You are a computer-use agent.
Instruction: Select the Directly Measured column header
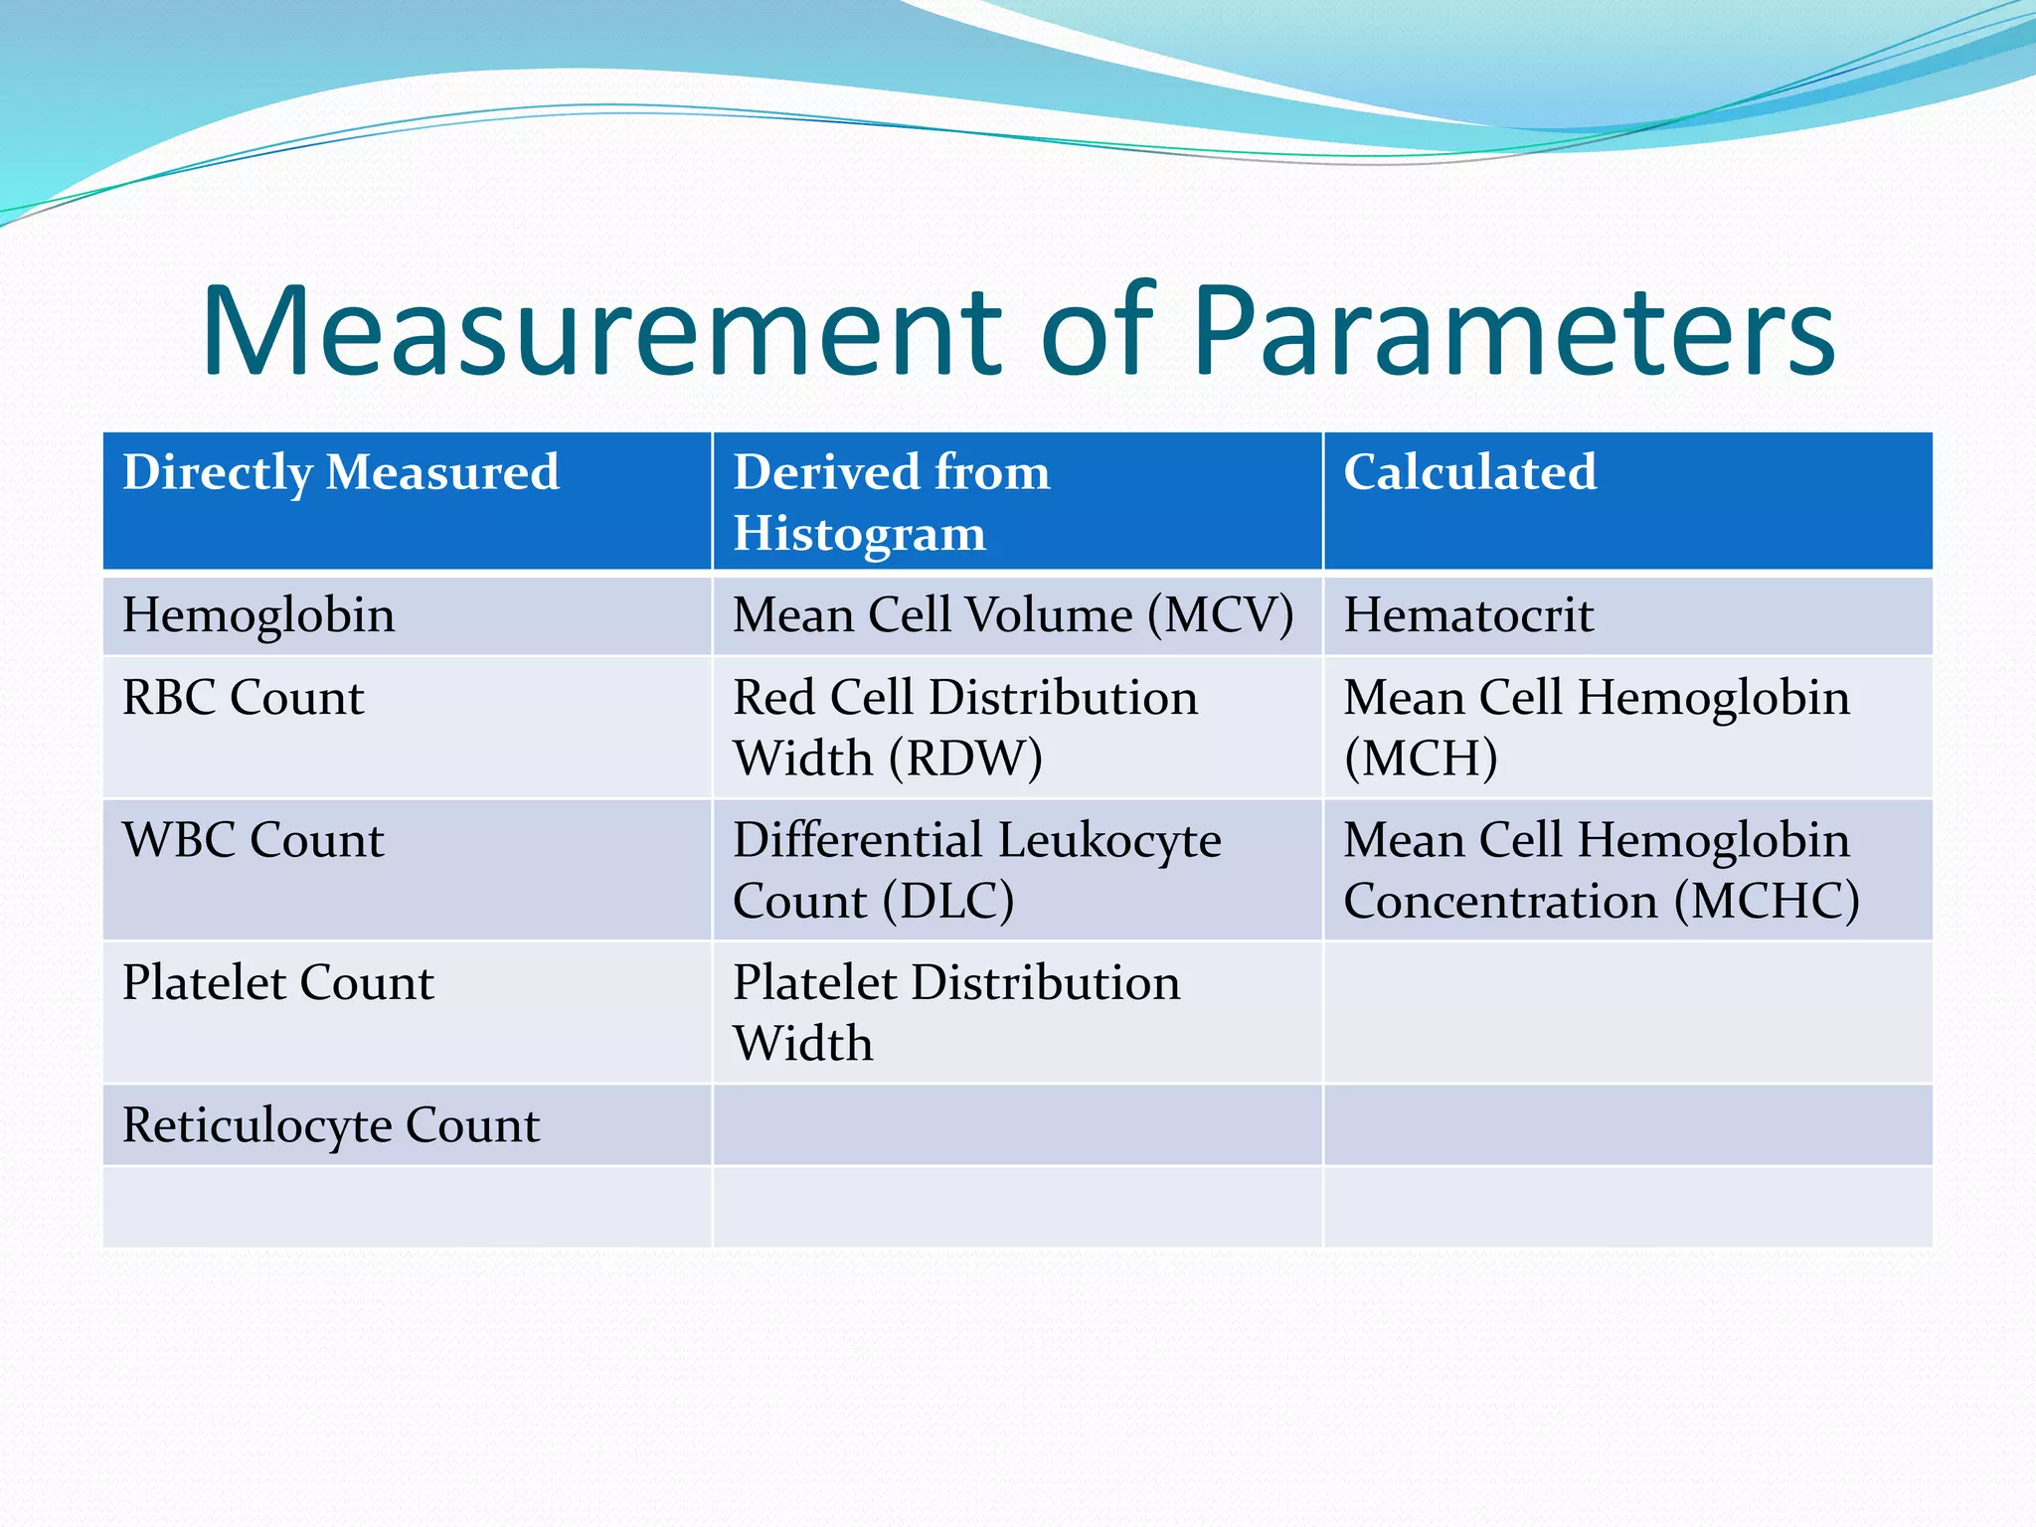click(340, 471)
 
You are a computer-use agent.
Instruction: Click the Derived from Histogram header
click(891, 502)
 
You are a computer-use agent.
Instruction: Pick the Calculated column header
click(1469, 471)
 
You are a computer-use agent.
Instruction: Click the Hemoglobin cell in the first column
click(258, 614)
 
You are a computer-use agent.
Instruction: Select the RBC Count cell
click(243, 697)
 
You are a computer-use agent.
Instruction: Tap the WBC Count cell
click(253, 840)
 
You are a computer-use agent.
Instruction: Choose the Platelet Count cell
click(277, 982)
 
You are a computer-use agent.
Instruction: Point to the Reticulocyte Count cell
click(330, 1125)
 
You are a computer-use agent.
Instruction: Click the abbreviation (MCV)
click(1221, 614)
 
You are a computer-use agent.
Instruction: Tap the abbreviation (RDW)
click(964, 759)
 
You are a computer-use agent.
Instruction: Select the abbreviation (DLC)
click(949, 902)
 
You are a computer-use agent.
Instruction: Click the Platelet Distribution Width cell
click(955, 1012)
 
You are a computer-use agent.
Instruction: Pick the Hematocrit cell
click(1468, 614)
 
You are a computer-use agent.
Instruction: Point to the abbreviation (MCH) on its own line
click(1421, 759)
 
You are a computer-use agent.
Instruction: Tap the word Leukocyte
click(1109, 840)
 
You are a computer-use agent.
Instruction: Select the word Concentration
click(1500, 902)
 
